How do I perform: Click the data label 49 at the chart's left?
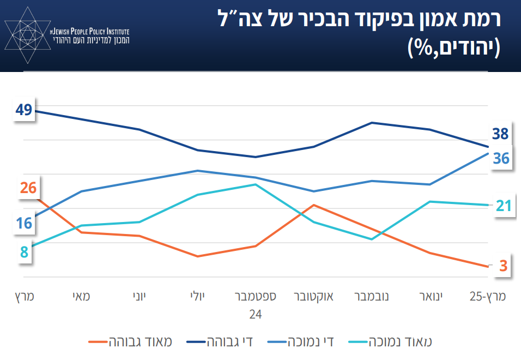click(23, 110)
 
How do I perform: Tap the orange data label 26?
click(28, 188)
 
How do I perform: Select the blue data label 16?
click(23, 223)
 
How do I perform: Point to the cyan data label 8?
click(24, 253)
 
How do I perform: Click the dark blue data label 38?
click(500, 134)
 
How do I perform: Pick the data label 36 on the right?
click(501, 158)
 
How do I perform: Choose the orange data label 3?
click(503, 266)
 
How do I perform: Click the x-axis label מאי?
click(82, 297)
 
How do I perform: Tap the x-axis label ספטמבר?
click(255, 297)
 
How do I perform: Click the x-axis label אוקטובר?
click(313, 297)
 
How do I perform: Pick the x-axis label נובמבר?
click(372, 297)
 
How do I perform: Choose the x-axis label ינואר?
click(431, 297)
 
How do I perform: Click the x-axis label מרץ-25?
click(488, 297)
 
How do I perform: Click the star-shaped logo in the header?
click(26, 34)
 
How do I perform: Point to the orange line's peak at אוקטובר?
click(313, 205)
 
